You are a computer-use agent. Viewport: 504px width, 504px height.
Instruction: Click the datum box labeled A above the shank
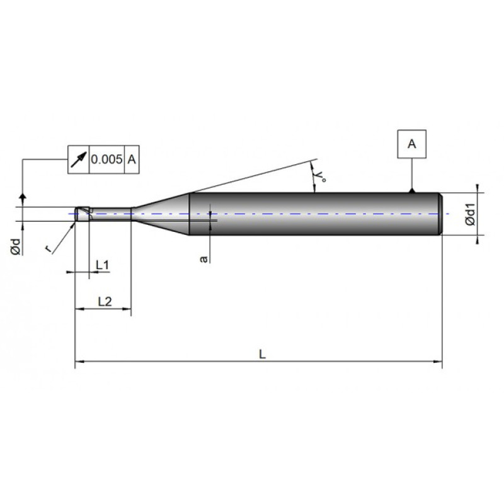coord(411,144)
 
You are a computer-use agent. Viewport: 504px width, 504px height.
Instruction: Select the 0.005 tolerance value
coord(106,159)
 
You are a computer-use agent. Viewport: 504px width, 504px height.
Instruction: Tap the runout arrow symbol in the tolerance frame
coord(78,159)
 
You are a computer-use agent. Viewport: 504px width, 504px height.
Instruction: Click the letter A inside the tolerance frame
coord(132,159)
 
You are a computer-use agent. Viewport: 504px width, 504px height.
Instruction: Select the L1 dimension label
coord(102,265)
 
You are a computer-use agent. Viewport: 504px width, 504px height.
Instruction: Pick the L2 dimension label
coord(105,302)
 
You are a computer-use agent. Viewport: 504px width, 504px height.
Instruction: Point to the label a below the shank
coord(203,258)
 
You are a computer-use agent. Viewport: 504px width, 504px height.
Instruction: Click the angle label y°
coord(320,176)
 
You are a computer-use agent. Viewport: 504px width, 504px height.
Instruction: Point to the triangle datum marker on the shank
coord(411,190)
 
